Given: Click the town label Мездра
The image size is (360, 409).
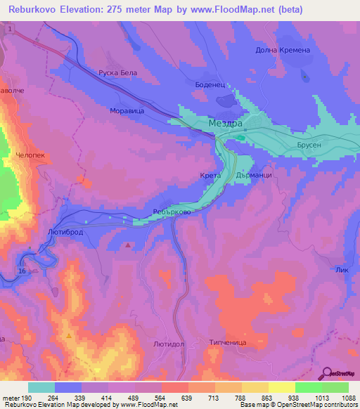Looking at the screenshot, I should [x=226, y=123].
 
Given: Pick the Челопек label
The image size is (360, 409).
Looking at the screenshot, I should [x=30, y=155].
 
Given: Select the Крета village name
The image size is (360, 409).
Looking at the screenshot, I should [x=210, y=175].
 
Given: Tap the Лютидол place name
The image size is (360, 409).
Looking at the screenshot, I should [x=168, y=344].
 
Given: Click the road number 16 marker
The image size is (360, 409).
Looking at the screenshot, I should [x=22, y=271].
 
